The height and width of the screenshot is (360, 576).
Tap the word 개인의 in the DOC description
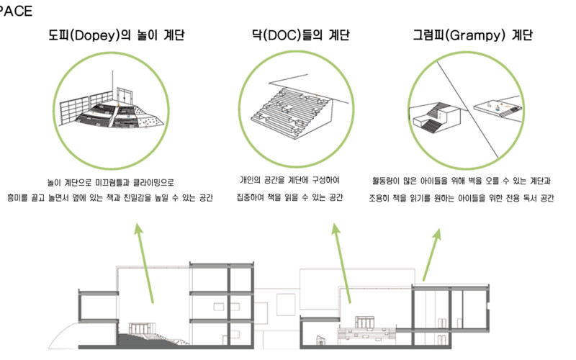(x=253, y=180)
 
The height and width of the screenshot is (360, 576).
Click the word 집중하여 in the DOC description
(x=251, y=196)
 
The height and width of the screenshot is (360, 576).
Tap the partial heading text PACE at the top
(x=16, y=11)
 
